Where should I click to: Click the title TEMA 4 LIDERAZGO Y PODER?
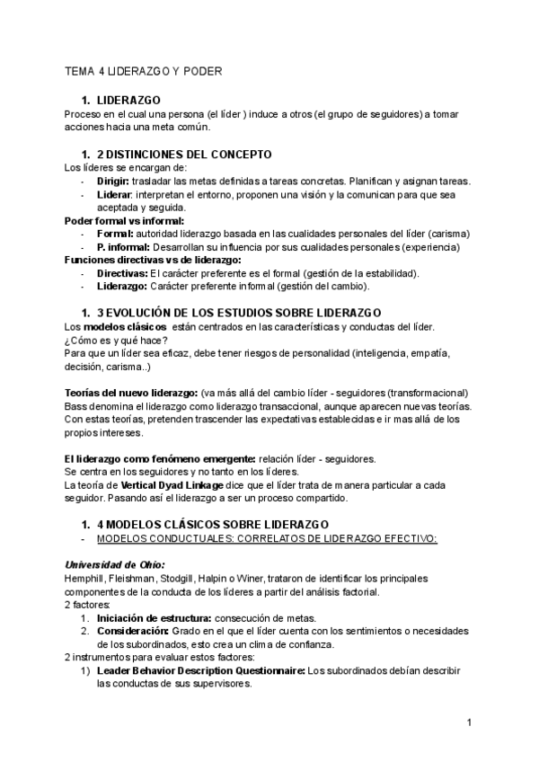(x=144, y=70)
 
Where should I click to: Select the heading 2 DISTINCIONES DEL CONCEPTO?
(x=184, y=155)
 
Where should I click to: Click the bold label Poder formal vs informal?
(x=125, y=220)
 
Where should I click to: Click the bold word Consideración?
(x=133, y=631)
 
